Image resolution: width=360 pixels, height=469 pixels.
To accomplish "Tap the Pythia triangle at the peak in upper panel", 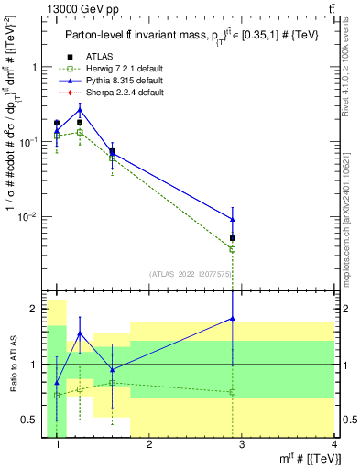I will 80,110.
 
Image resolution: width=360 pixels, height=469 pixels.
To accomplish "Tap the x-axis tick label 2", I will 149,444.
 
